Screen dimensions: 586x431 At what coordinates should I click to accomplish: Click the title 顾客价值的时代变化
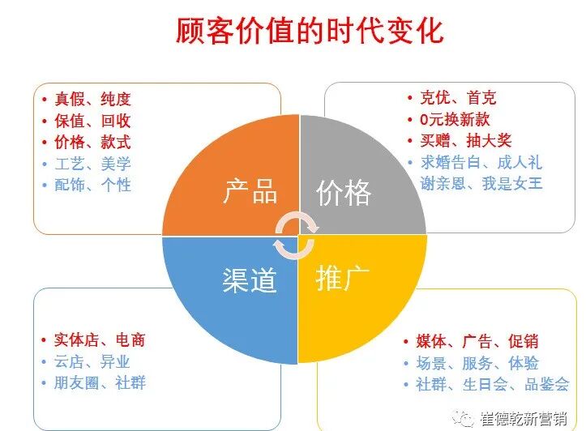point(310,31)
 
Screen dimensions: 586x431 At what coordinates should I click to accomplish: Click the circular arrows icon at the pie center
point(293,235)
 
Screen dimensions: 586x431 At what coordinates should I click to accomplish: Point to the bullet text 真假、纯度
point(92,100)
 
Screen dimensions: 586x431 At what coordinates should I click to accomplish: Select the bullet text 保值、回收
point(92,121)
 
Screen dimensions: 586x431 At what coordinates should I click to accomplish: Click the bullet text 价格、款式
point(92,142)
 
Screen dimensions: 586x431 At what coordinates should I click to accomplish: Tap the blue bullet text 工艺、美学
point(92,163)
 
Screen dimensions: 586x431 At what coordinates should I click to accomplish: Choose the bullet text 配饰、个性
point(92,184)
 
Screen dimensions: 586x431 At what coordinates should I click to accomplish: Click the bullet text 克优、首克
point(458,98)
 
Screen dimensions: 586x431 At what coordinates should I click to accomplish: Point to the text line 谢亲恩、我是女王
point(481,183)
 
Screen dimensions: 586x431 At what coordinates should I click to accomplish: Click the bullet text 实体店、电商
point(100,340)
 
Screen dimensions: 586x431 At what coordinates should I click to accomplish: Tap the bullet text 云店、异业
point(92,361)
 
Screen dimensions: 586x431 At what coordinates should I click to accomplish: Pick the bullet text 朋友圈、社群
point(100,382)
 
